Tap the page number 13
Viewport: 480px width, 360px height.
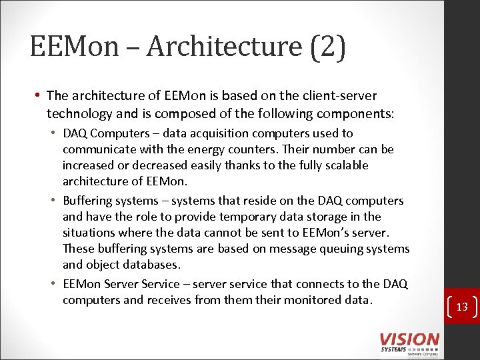(462, 307)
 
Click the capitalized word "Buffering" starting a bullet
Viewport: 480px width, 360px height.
(90, 201)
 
